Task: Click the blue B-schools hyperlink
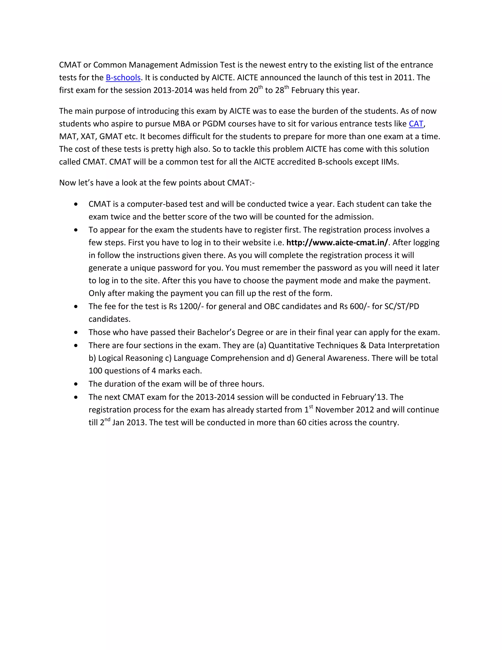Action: click(x=123, y=78)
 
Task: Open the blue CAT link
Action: click(x=416, y=124)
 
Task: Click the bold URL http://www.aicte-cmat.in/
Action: click(x=337, y=243)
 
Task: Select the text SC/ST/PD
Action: click(x=402, y=307)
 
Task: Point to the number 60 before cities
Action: click(x=301, y=423)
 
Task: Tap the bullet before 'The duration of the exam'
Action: click(x=76, y=384)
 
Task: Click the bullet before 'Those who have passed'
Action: click(x=76, y=332)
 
